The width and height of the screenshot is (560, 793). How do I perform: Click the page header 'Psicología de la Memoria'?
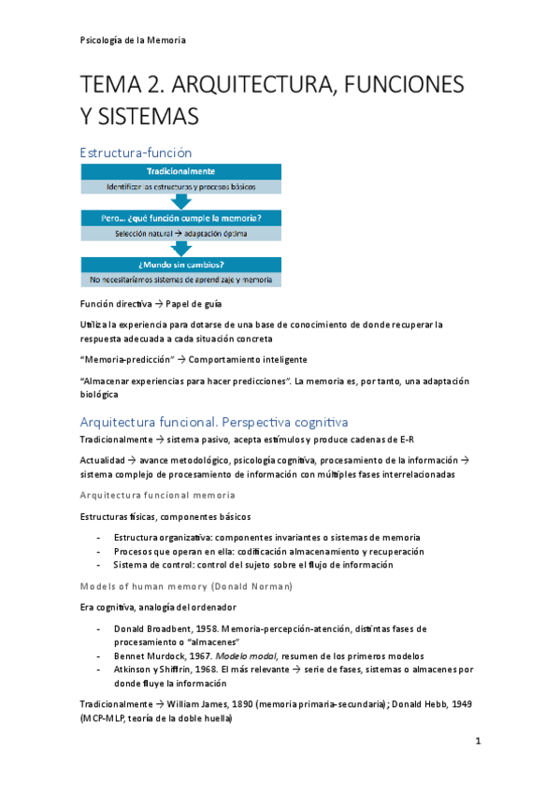[132, 39]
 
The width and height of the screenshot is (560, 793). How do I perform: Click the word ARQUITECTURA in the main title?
[242, 85]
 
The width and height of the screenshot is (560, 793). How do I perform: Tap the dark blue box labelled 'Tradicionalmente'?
[181, 171]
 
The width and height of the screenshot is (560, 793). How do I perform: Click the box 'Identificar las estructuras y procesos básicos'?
[181, 186]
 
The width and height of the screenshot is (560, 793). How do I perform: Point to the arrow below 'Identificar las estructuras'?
[181, 202]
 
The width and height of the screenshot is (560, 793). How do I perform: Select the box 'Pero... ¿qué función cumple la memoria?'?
[181, 218]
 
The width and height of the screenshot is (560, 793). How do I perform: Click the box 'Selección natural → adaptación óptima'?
[181, 233]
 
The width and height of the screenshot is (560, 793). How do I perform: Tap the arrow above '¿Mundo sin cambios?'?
[181, 249]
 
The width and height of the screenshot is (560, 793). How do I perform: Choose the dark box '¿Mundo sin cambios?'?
[181, 265]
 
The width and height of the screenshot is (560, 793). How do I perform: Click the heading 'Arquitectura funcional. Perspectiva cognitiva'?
[214, 422]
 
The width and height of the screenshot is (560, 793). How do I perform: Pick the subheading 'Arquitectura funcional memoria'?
[157, 494]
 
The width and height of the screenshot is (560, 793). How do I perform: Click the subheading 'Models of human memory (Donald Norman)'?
[186, 585]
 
